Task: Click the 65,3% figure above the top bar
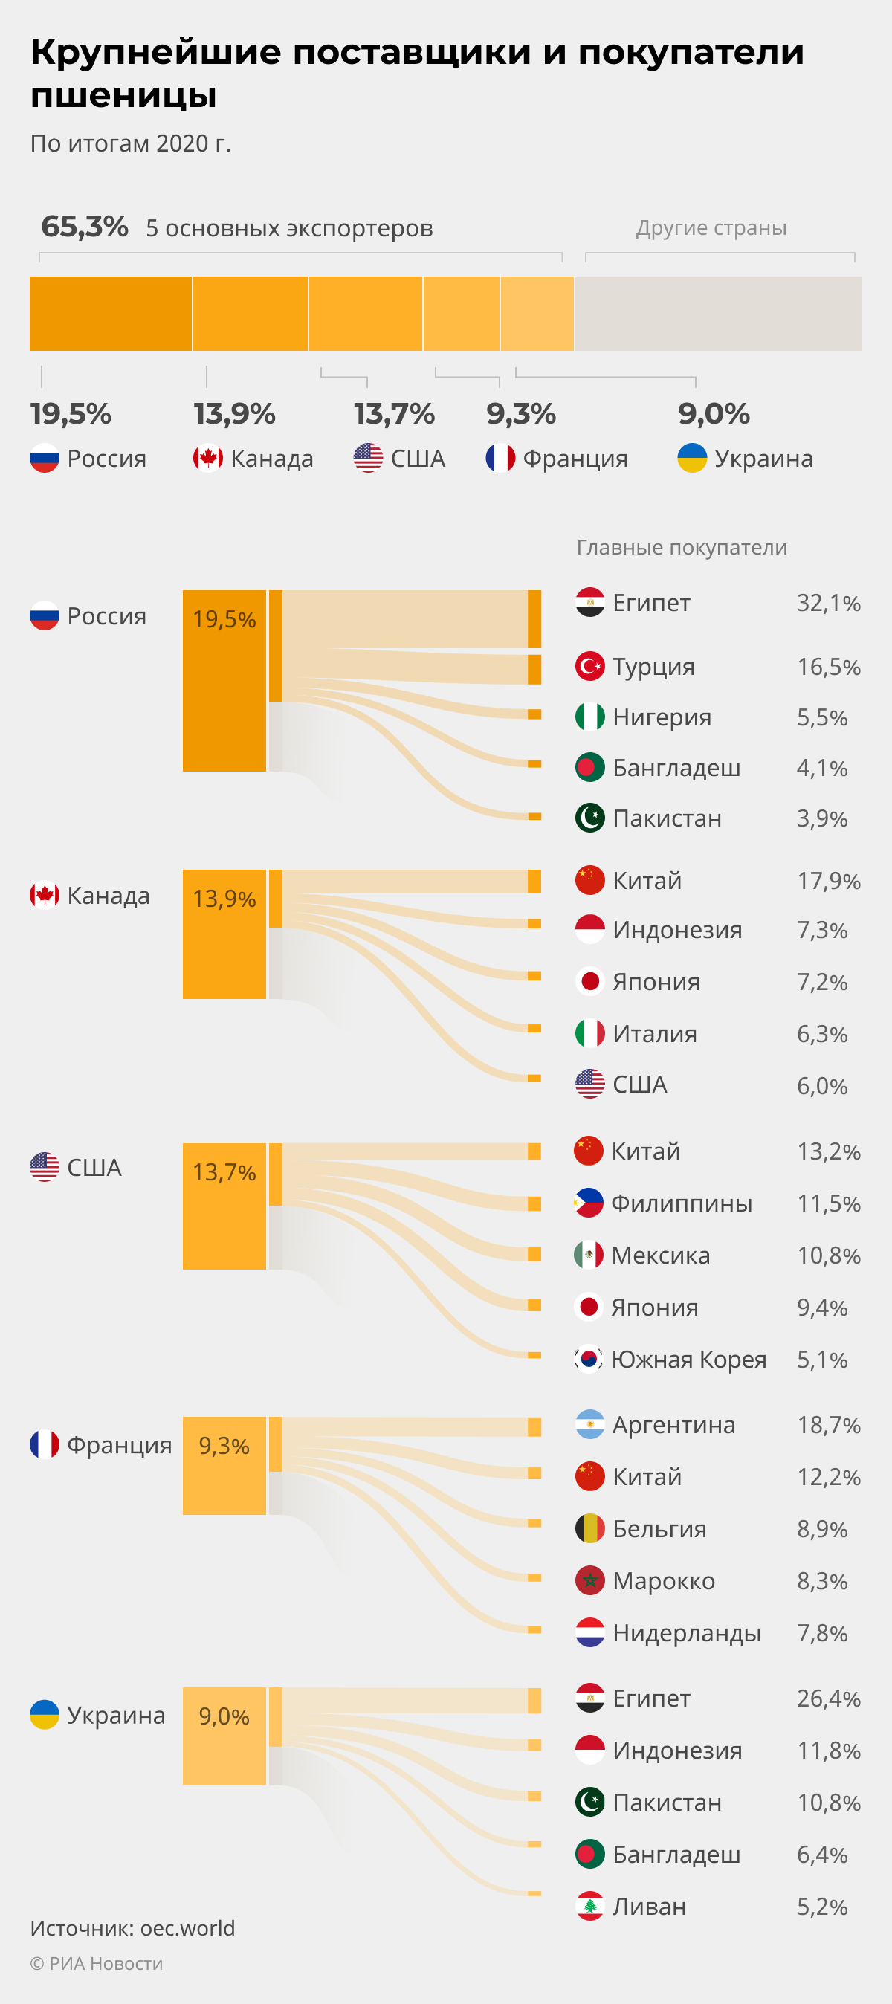84,227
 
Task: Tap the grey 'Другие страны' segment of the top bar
718,314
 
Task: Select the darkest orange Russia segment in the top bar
111,314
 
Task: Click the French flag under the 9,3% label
500,458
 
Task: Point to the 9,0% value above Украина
714,414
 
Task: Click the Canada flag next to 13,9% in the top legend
207,458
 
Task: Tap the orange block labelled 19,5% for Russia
224,681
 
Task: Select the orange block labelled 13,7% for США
224,1206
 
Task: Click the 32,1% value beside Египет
828,603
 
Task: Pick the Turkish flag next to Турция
590,666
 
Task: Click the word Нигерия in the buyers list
662,717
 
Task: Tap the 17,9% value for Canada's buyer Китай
828,881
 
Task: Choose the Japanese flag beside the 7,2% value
590,981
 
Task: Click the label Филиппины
681,1203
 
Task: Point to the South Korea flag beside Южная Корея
589,1359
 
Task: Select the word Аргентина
673,1424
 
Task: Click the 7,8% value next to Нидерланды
822,1633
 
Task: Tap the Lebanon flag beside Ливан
590,1906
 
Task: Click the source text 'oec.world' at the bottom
187,1927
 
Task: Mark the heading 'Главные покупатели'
682,548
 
